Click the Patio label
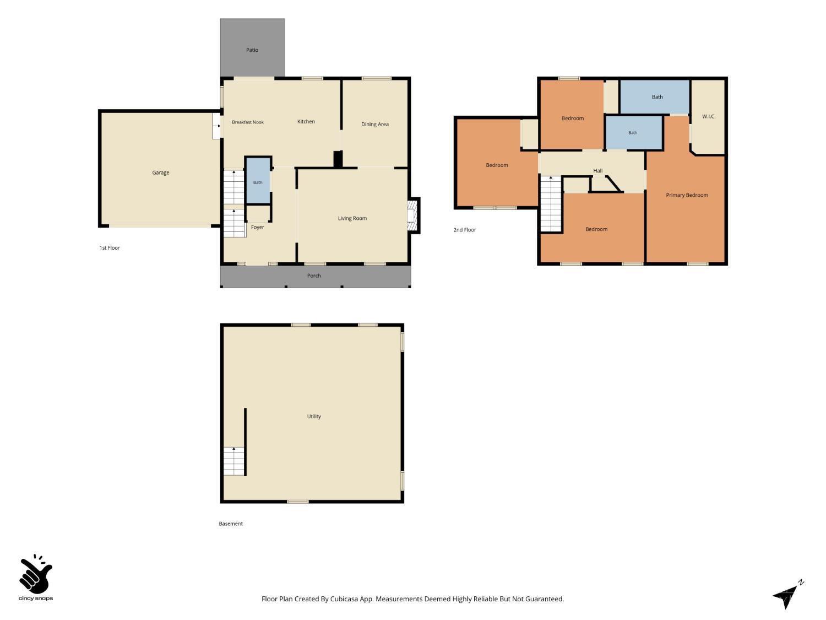[x=252, y=50]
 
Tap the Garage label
[x=161, y=173]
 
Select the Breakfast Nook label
[x=248, y=122]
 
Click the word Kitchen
[x=306, y=122]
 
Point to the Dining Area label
[x=375, y=124]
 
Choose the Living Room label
[x=352, y=218]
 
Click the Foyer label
[x=257, y=228]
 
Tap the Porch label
[x=314, y=276]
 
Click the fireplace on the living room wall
[x=413, y=215]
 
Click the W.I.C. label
[x=709, y=117]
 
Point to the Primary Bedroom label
[x=687, y=196]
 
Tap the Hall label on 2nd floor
[x=597, y=171]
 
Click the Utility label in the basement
[x=314, y=416]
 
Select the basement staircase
[x=234, y=461]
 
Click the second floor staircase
[x=551, y=204]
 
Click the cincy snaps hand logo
[x=36, y=574]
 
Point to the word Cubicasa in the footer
[x=344, y=599]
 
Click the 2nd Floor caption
[x=464, y=230]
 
